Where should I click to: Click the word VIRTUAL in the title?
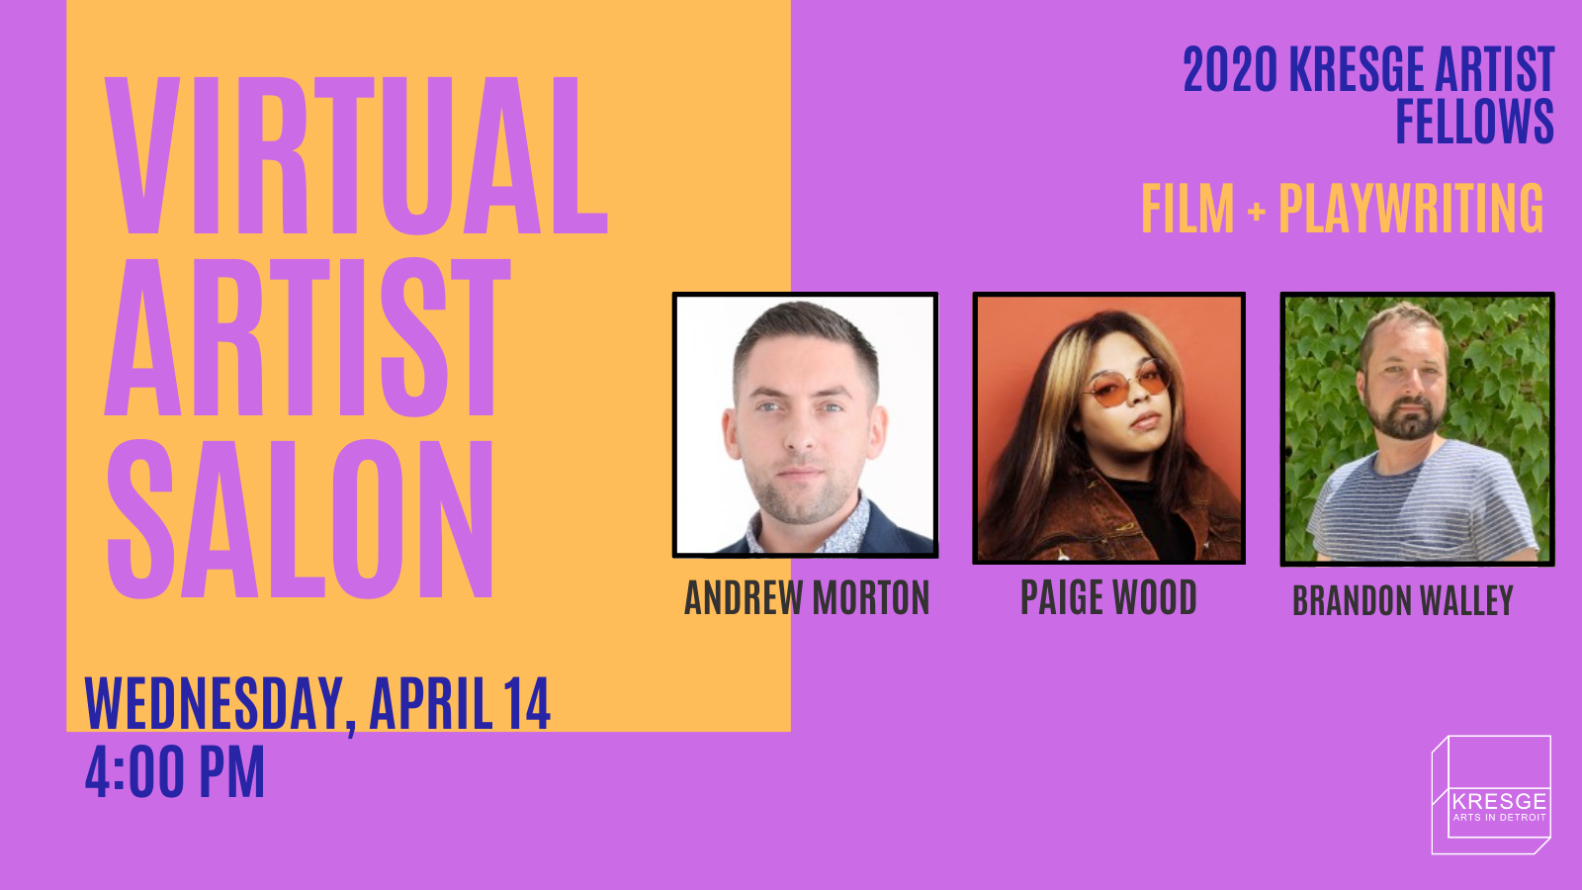coord(356,155)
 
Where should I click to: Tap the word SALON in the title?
coord(300,519)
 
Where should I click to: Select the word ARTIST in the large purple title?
coord(308,337)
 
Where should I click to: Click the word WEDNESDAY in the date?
coord(214,704)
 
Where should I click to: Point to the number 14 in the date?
coord(526,703)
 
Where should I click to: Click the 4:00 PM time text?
coord(174,771)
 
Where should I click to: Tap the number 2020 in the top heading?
coord(1230,69)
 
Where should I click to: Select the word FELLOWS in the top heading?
coord(1474,121)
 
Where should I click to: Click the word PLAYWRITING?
coord(1411,208)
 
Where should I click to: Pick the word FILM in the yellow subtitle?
coord(1187,209)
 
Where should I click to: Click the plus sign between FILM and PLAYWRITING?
coord(1257,211)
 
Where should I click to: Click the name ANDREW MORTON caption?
coord(807,597)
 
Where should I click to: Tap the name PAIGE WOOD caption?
coord(1108,597)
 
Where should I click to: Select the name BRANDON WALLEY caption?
coord(1403,601)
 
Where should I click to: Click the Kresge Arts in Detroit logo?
coord(1491,795)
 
